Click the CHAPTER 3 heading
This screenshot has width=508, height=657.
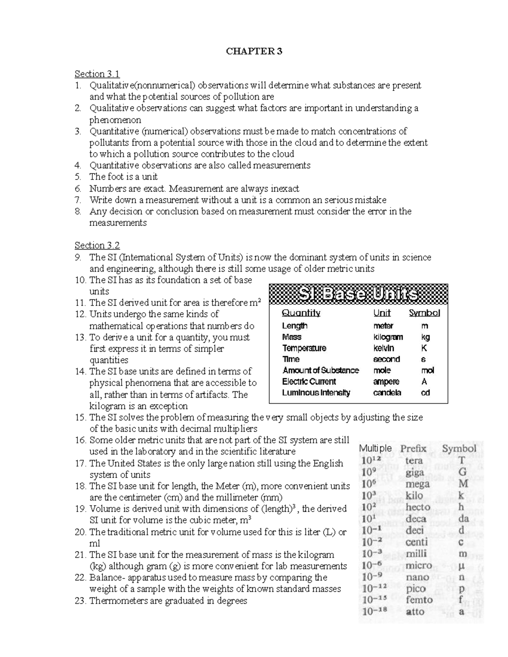pyautogui.click(x=254, y=52)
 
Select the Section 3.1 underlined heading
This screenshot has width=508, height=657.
pyautogui.click(x=97, y=74)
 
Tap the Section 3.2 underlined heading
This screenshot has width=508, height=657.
pyautogui.click(x=97, y=245)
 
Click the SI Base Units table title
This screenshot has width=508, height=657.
pyautogui.click(x=359, y=294)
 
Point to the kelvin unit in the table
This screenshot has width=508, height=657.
pyautogui.click(x=384, y=348)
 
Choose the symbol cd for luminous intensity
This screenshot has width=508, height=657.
pyautogui.click(x=425, y=393)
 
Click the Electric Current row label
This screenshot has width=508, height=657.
pyautogui.click(x=309, y=382)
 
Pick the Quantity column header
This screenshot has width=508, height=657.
pyautogui.click(x=301, y=313)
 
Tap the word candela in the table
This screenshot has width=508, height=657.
pyautogui.click(x=387, y=393)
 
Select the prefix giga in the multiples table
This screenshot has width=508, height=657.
pyautogui.click(x=414, y=472)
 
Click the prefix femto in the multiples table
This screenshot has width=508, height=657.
pyautogui.click(x=419, y=600)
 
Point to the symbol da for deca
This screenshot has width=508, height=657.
pyautogui.click(x=464, y=519)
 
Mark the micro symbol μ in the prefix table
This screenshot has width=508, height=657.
pyautogui.click(x=461, y=566)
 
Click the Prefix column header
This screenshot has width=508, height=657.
pyautogui.click(x=413, y=449)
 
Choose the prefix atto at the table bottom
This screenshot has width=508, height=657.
pyautogui.click(x=415, y=612)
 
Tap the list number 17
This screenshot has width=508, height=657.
pyautogui.click(x=80, y=463)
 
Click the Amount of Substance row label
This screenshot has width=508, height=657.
pyautogui.click(x=320, y=371)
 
